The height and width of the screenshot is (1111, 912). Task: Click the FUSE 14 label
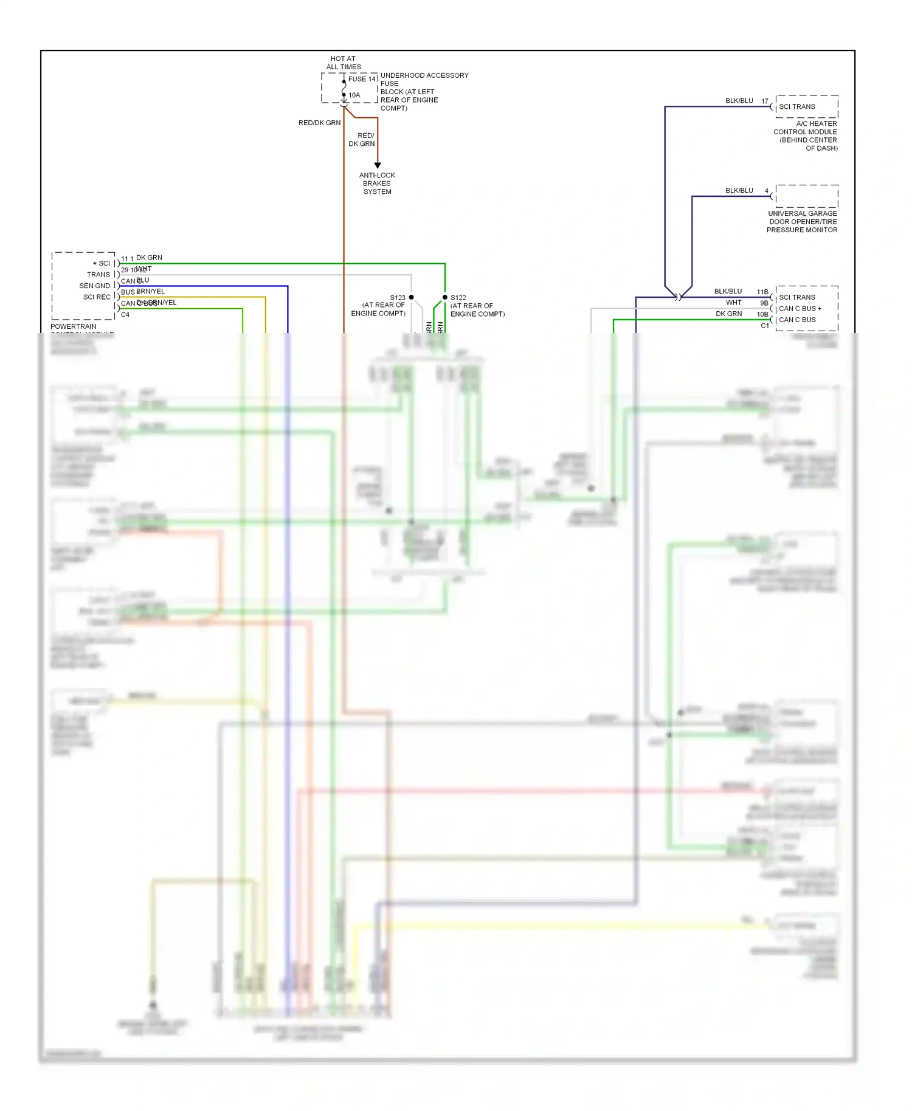[362, 79]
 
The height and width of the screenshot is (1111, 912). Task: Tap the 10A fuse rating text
[354, 95]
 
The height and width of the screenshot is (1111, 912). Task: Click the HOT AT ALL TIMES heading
[344, 63]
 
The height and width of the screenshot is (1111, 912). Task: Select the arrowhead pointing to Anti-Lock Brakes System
[378, 165]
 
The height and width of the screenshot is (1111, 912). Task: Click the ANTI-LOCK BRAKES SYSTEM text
[377, 184]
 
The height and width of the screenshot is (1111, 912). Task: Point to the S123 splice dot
[412, 297]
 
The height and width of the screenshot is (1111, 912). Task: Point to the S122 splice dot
[445, 297]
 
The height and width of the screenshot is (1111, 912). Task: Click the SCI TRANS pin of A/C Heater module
[797, 107]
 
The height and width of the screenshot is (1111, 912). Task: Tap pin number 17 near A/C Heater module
[765, 101]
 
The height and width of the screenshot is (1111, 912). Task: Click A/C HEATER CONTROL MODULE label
[806, 136]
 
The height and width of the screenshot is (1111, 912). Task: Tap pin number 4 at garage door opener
[767, 191]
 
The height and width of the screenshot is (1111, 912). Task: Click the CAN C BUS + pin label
[800, 309]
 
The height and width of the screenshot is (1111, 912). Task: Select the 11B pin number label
[762, 292]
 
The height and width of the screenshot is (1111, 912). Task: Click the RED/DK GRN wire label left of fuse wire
[319, 123]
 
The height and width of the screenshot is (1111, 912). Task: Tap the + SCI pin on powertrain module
[102, 263]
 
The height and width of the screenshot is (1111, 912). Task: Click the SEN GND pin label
[95, 286]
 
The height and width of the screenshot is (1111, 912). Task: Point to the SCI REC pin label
[97, 297]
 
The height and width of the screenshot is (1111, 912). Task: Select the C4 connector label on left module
[125, 315]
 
